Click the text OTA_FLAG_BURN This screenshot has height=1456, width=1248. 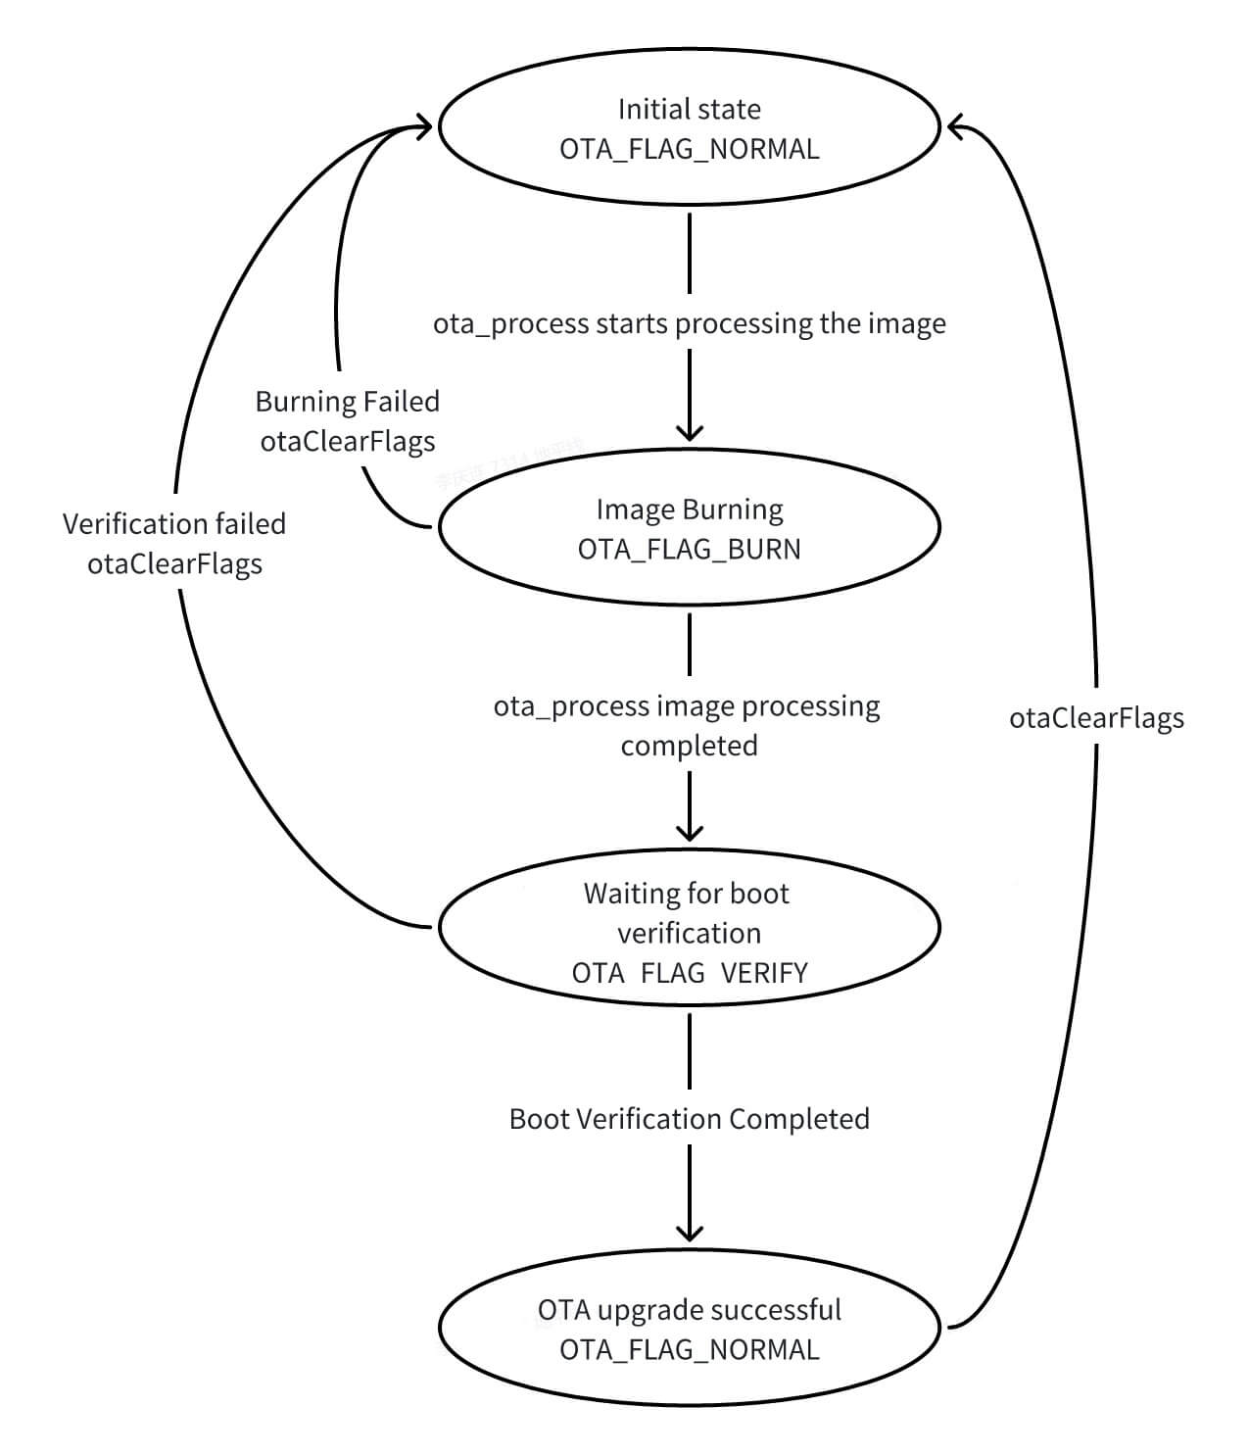[689, 550]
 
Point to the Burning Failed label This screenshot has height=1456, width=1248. [347, 402]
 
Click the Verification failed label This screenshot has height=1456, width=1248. [174, 524]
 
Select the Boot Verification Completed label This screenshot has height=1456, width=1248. [689, 1119]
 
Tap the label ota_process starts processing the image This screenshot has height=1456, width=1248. [689, 324]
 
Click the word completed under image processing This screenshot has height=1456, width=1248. [689, 746]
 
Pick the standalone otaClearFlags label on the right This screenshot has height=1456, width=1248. [1096, 718]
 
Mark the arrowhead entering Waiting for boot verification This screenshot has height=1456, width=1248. [690, 833]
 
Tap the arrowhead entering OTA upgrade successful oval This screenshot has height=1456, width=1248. [690, 1234]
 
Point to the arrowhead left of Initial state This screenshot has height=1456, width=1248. [424, 126]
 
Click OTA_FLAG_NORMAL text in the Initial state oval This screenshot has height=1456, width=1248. [689, 149]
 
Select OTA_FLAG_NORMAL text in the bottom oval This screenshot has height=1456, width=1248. [689, 1350]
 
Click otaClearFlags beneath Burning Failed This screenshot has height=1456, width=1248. [347, 442]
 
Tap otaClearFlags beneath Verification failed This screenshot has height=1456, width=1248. [174, 564]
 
